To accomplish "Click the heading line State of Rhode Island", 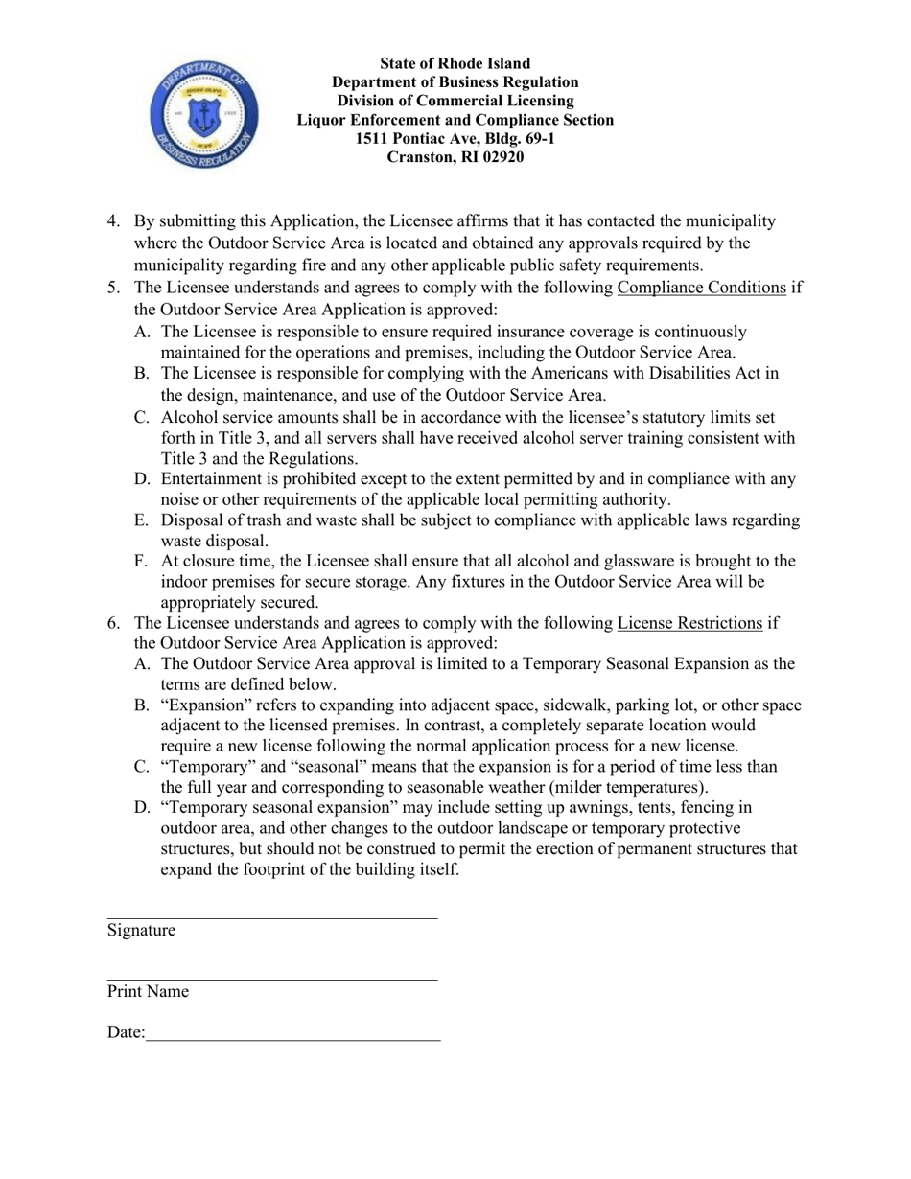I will (455, 63).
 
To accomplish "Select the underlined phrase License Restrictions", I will (689, 624).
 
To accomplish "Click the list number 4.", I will (113, 222).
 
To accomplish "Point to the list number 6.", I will (113, 624).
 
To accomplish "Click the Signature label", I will (141, 931).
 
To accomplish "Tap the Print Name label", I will (148, 992).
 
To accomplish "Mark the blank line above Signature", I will (271, 917).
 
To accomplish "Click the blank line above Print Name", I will (271, 979).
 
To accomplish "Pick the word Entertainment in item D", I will (213, 479).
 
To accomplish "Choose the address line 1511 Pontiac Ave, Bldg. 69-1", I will (455, 139).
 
